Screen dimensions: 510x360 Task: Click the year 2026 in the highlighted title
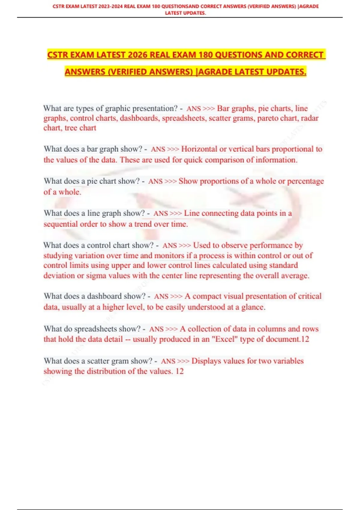[137, 55]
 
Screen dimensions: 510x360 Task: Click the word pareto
[268, 118]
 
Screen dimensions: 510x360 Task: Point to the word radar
[310, 118]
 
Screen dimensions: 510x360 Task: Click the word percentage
[305, 181]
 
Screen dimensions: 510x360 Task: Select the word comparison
[224, 160]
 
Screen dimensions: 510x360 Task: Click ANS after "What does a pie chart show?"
[155, 181]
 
